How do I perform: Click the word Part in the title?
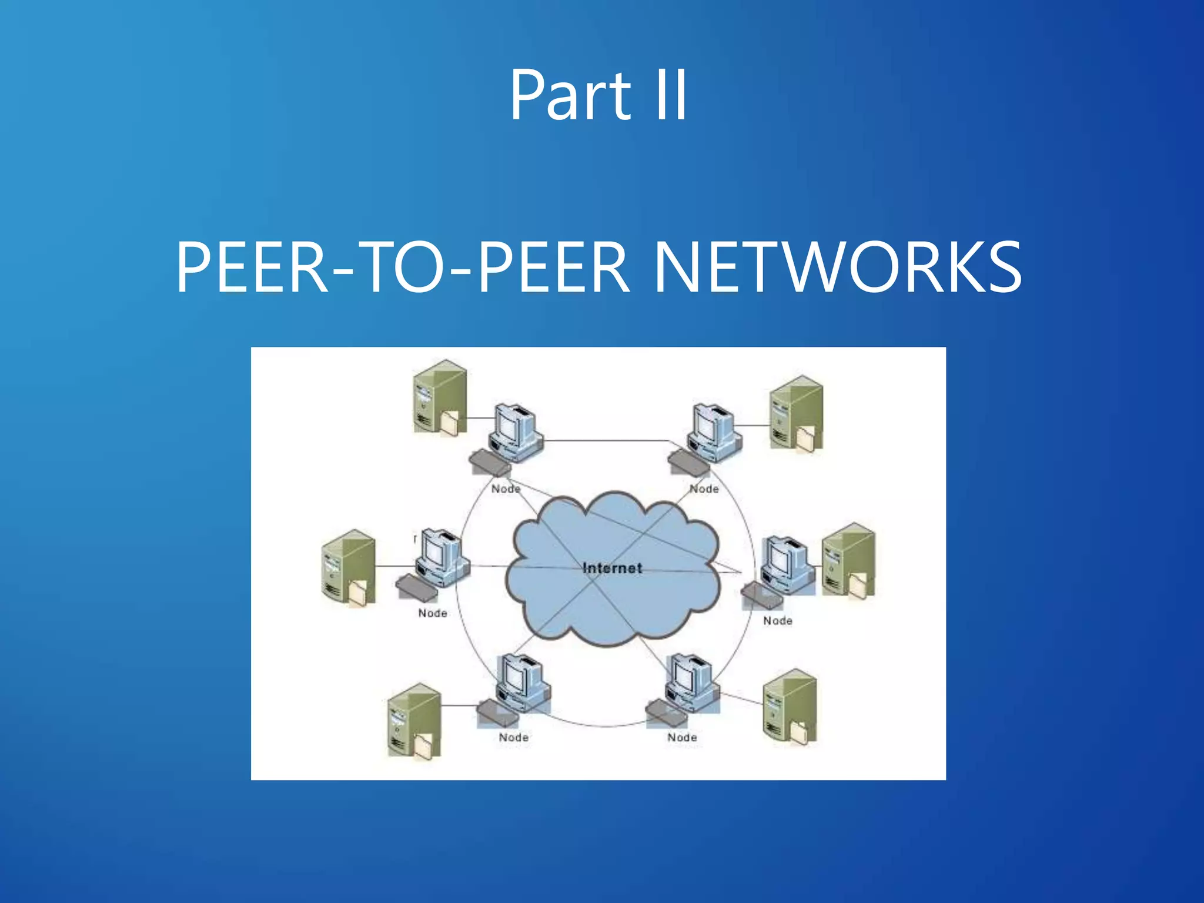tap(569, 95)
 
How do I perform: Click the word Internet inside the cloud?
tap(612, 568)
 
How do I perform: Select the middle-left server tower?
tap(348, 567)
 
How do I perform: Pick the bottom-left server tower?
tap(414, 721)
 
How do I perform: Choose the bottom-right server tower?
tap(789, 706)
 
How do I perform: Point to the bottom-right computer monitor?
tap(689, 676)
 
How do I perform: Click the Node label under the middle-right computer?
tap(777, 621)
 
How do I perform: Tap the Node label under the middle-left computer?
tap(433, 613)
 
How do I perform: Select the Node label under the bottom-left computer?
tap(513, 737)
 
